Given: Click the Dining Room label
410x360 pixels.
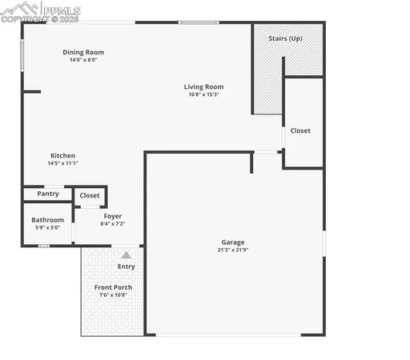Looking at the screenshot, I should coord(83,53).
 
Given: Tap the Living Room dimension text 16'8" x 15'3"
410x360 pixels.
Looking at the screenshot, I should coord(203,94).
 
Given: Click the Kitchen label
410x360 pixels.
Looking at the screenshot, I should coord(62,155).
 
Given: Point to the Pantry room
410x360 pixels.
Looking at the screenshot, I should coord(47,194).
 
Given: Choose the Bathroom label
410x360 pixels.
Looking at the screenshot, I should coord(47,220).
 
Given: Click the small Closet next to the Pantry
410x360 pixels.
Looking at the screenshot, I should coord(90,195).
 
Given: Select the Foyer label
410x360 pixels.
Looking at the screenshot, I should coord(112,216).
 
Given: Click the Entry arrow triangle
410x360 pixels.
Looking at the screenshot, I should coord(126,254).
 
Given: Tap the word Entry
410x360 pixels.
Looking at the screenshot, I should coord(126,266).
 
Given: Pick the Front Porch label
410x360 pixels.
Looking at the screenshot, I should coord(113,287).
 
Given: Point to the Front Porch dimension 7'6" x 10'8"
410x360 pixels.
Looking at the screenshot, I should coord(113,295).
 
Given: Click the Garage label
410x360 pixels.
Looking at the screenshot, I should coord(233,242).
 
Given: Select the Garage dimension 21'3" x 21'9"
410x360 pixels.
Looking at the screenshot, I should coord(233,250).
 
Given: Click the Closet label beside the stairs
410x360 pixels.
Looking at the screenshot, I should coord(300,130).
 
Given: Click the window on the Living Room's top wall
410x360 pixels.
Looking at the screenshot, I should coord(199,22).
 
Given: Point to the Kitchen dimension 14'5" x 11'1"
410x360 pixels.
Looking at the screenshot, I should coord(62,163).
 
